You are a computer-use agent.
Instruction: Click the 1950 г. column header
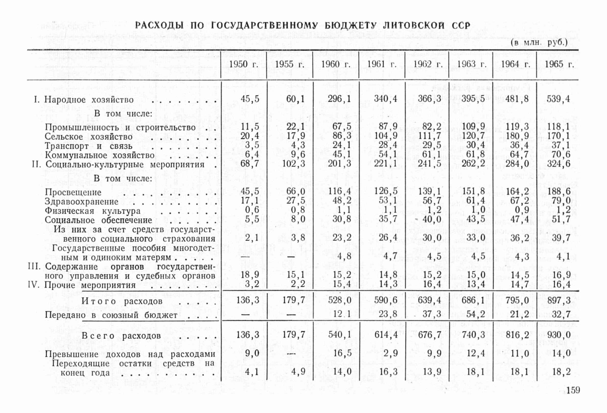pos(243,64)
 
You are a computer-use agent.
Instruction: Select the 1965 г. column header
pos(559,64)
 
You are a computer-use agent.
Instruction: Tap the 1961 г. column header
pos(381,64)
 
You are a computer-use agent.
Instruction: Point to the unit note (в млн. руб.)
pos(539,42)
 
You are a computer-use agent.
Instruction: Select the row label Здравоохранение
pos(82,202)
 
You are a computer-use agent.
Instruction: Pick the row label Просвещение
pos(73,192)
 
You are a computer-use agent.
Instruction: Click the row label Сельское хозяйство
pos(89,137)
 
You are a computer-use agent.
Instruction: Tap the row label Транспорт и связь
pos(88,146)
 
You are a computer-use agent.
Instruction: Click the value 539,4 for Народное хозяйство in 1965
pos(558,99)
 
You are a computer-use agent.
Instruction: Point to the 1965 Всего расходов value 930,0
pos(558,335)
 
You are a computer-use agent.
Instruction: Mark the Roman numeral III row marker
pos(34,266)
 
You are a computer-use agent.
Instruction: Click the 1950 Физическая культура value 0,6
pos(252,210)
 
